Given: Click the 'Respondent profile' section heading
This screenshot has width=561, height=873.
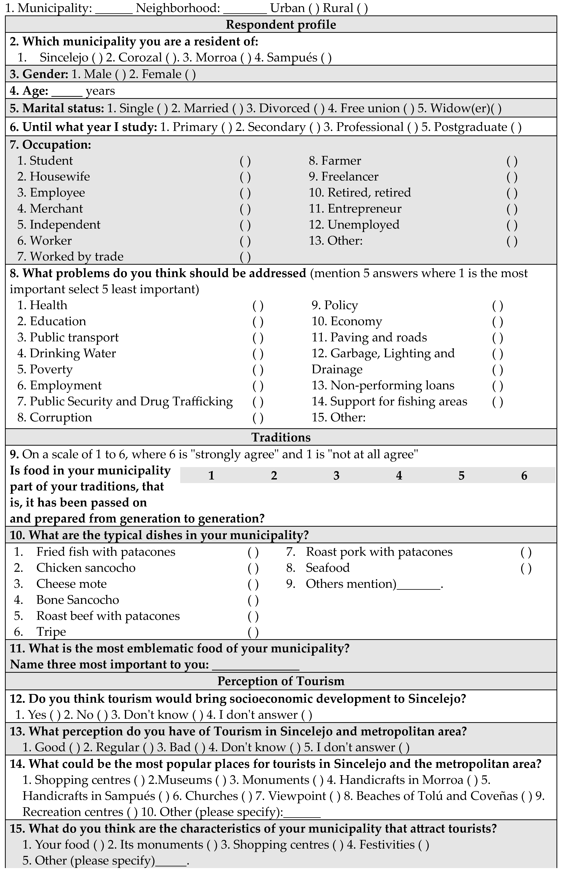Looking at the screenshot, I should point(280,25).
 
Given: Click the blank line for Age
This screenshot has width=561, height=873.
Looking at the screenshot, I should point(67,91).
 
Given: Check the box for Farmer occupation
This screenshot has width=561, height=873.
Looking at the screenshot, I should point(512,161).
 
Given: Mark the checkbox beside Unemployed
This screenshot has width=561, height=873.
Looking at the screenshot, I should point(512,225).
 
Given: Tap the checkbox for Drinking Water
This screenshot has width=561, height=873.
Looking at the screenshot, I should point(258,354).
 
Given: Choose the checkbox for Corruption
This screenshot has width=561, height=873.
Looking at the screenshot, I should point(258,418).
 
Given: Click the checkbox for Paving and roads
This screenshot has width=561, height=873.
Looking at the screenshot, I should point(498,338).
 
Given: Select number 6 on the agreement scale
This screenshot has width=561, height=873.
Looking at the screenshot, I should point(524,476).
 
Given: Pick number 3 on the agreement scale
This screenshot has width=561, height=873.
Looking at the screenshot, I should point(336,476).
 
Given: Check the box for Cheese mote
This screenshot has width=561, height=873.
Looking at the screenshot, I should point(253,584).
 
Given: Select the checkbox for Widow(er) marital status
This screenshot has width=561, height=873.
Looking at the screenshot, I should point(496,109).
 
